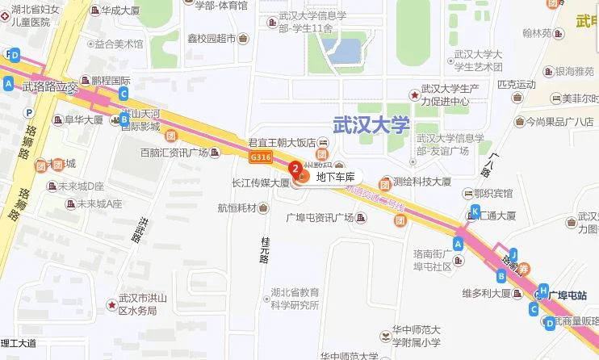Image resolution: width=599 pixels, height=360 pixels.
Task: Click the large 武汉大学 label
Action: click(372, 124)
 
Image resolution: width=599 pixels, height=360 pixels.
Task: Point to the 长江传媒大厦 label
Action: click(260, 183)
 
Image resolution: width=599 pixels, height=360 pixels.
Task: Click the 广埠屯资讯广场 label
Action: click(320, 218)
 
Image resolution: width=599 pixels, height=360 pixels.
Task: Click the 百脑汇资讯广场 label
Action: click(174, 153)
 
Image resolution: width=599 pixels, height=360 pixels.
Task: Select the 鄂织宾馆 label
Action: click(492, 193)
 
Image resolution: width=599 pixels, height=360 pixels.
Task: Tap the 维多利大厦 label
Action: click(485, 293)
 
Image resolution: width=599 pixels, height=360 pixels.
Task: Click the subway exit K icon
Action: click(475, 211)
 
